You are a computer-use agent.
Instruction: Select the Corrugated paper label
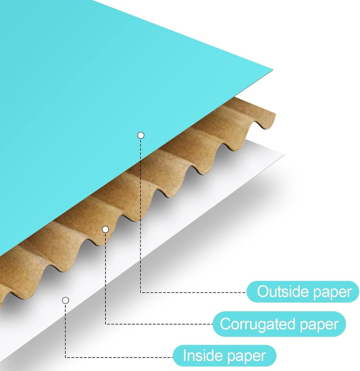(279, 324)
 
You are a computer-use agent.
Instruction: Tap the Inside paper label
(224, 356)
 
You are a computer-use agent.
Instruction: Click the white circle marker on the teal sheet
(141, 135)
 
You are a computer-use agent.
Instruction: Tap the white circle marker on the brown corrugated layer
(105, 230)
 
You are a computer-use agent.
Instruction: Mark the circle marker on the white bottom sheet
(66, 300)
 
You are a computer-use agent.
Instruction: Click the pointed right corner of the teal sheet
(272, 70)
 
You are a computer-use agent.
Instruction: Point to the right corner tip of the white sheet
(284, 155)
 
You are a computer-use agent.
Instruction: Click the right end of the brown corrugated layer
(274, 116)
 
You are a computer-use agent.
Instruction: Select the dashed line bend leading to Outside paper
(141, 292)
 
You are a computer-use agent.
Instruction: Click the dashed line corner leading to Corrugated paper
(105, 324)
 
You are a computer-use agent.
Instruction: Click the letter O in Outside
(263, 292)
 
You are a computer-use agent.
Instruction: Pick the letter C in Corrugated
(225, 324)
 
